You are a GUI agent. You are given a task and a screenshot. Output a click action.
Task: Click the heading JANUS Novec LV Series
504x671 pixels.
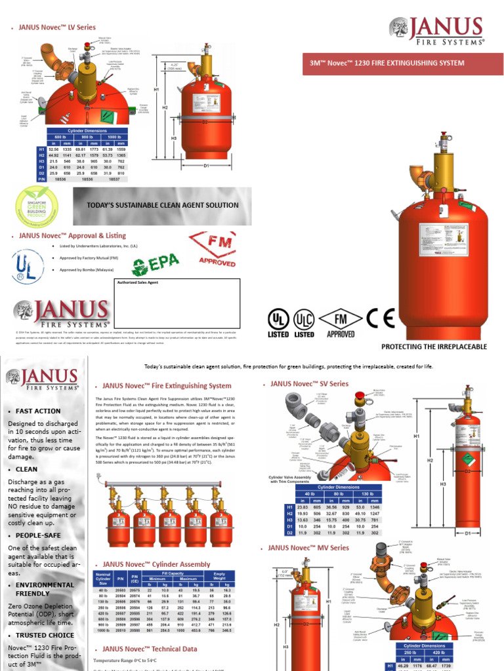click(x=56, y=28)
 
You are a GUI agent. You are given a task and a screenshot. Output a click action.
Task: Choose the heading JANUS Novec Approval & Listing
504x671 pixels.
click(x=72, y=235)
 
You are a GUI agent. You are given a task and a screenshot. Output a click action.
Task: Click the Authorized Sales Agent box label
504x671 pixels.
click(x=138, y=282)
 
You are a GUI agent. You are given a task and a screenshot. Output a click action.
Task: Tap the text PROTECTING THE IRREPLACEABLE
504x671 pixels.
click(x=434, y=345)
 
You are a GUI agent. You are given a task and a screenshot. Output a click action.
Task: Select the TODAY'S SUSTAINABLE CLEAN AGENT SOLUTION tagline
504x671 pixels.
click(x=163, y=205)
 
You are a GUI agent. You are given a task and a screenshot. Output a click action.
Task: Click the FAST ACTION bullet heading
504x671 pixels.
click(x=38, y=411)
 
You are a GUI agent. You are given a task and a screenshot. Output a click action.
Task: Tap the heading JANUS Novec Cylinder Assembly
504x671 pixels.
click(x=156, y=564)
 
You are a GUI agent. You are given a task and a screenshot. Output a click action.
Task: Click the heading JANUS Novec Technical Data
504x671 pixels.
click(x=150, y=649)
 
